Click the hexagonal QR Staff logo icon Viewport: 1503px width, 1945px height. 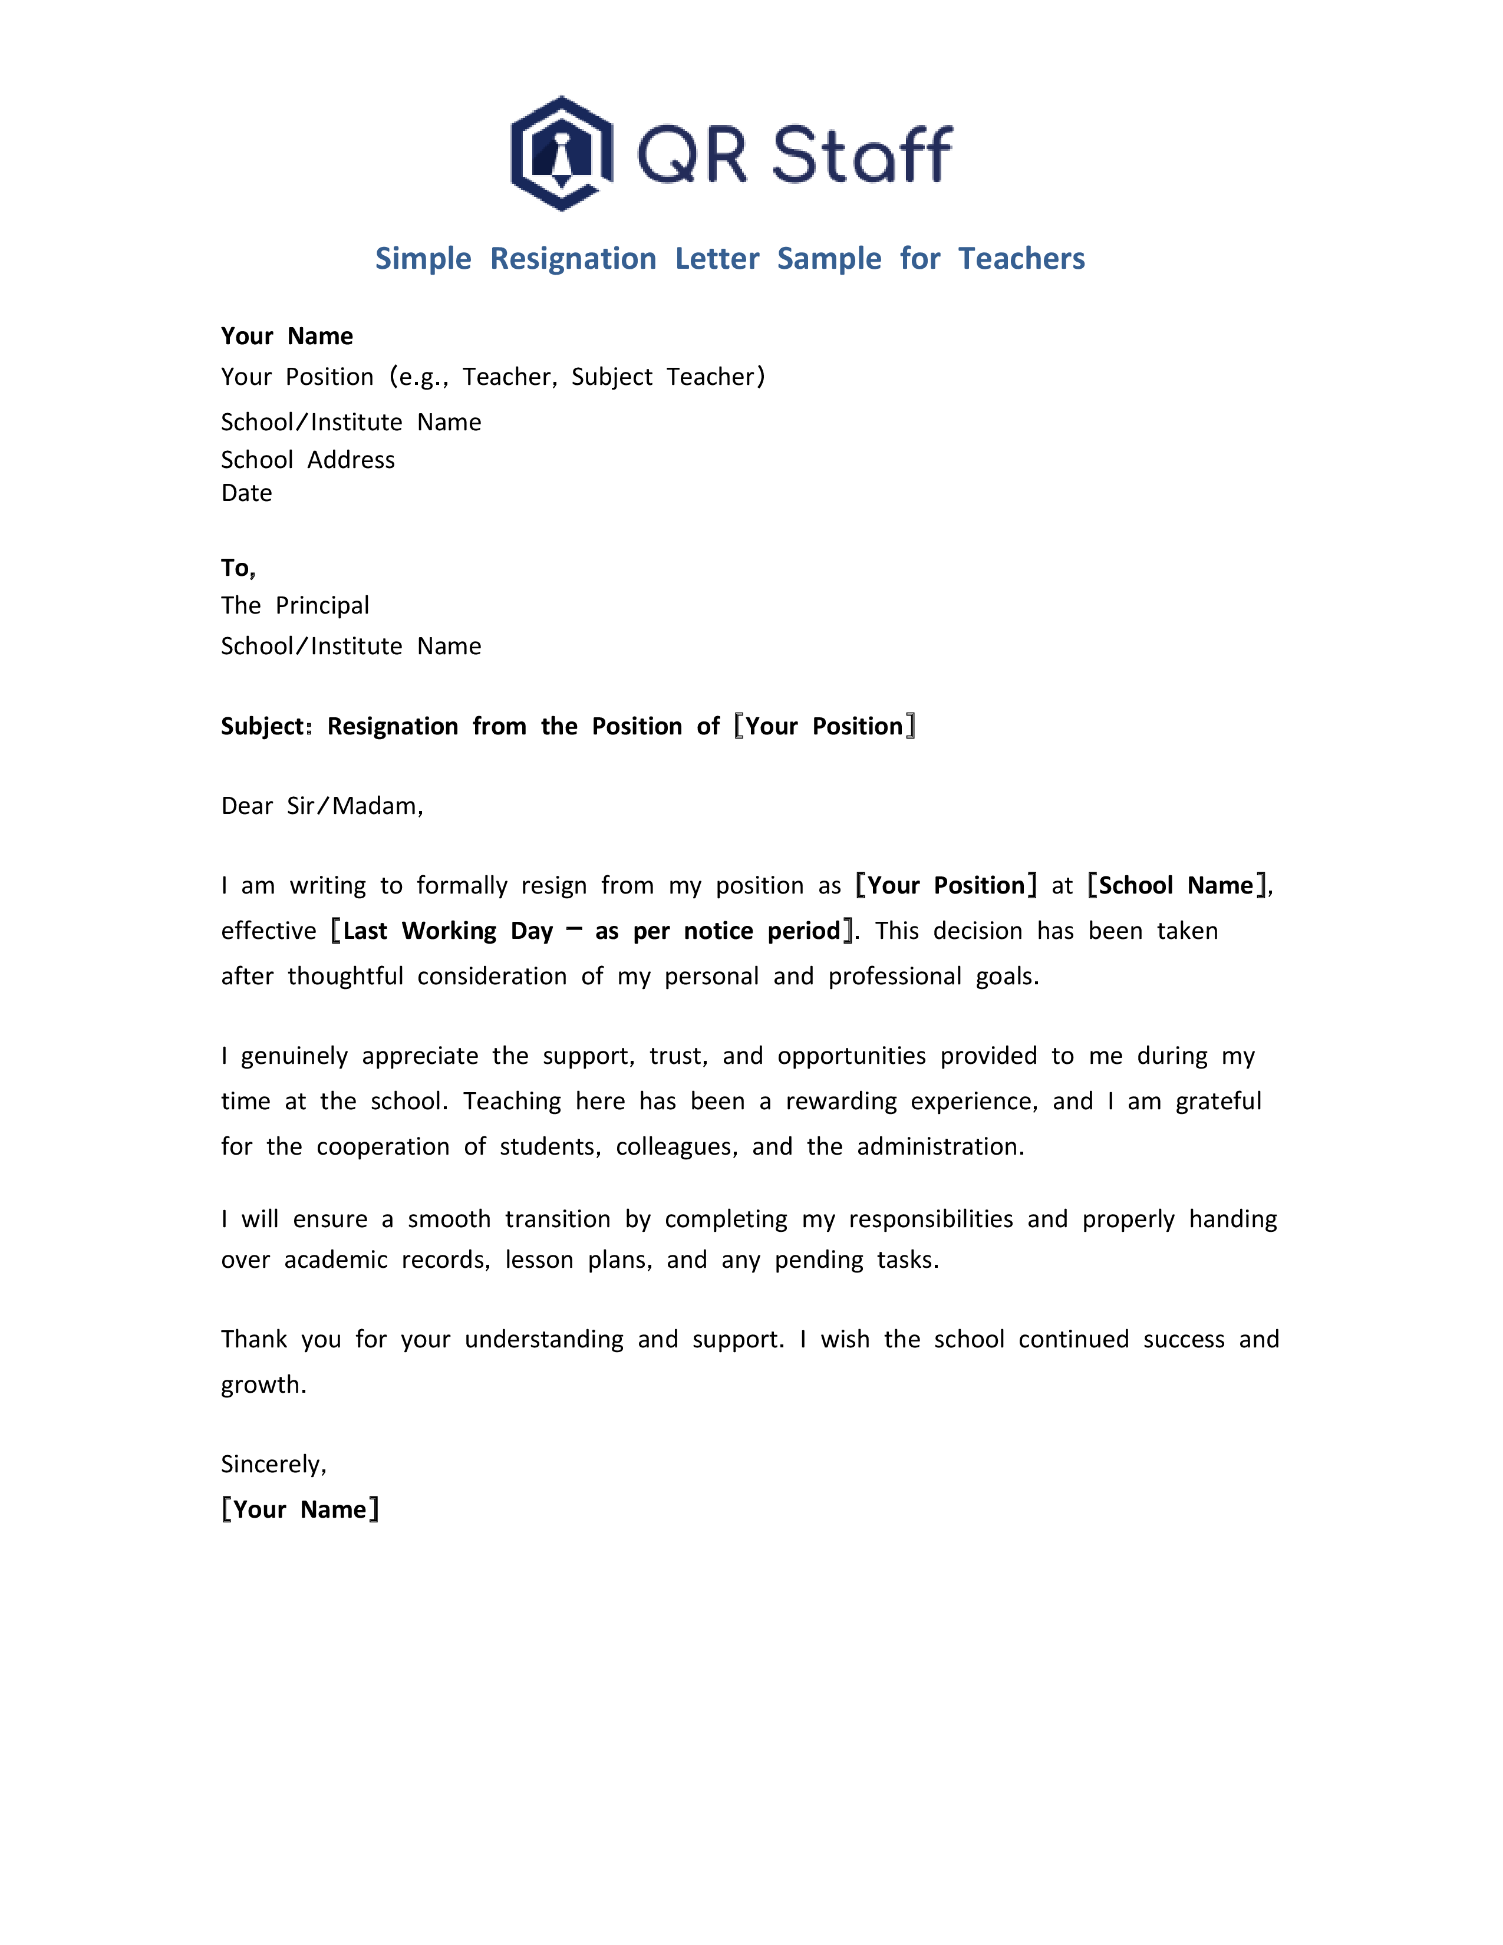tap(561, 153)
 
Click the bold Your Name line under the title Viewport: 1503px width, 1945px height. tap(286, 336)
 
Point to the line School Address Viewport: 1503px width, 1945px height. tap(307, 460)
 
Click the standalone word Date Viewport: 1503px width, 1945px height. tap(246, 493)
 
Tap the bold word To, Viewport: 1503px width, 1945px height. tap(238, 568)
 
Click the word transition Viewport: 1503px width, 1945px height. tap(558, 1219)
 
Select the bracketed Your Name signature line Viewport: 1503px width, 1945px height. tap(300, 1509)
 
